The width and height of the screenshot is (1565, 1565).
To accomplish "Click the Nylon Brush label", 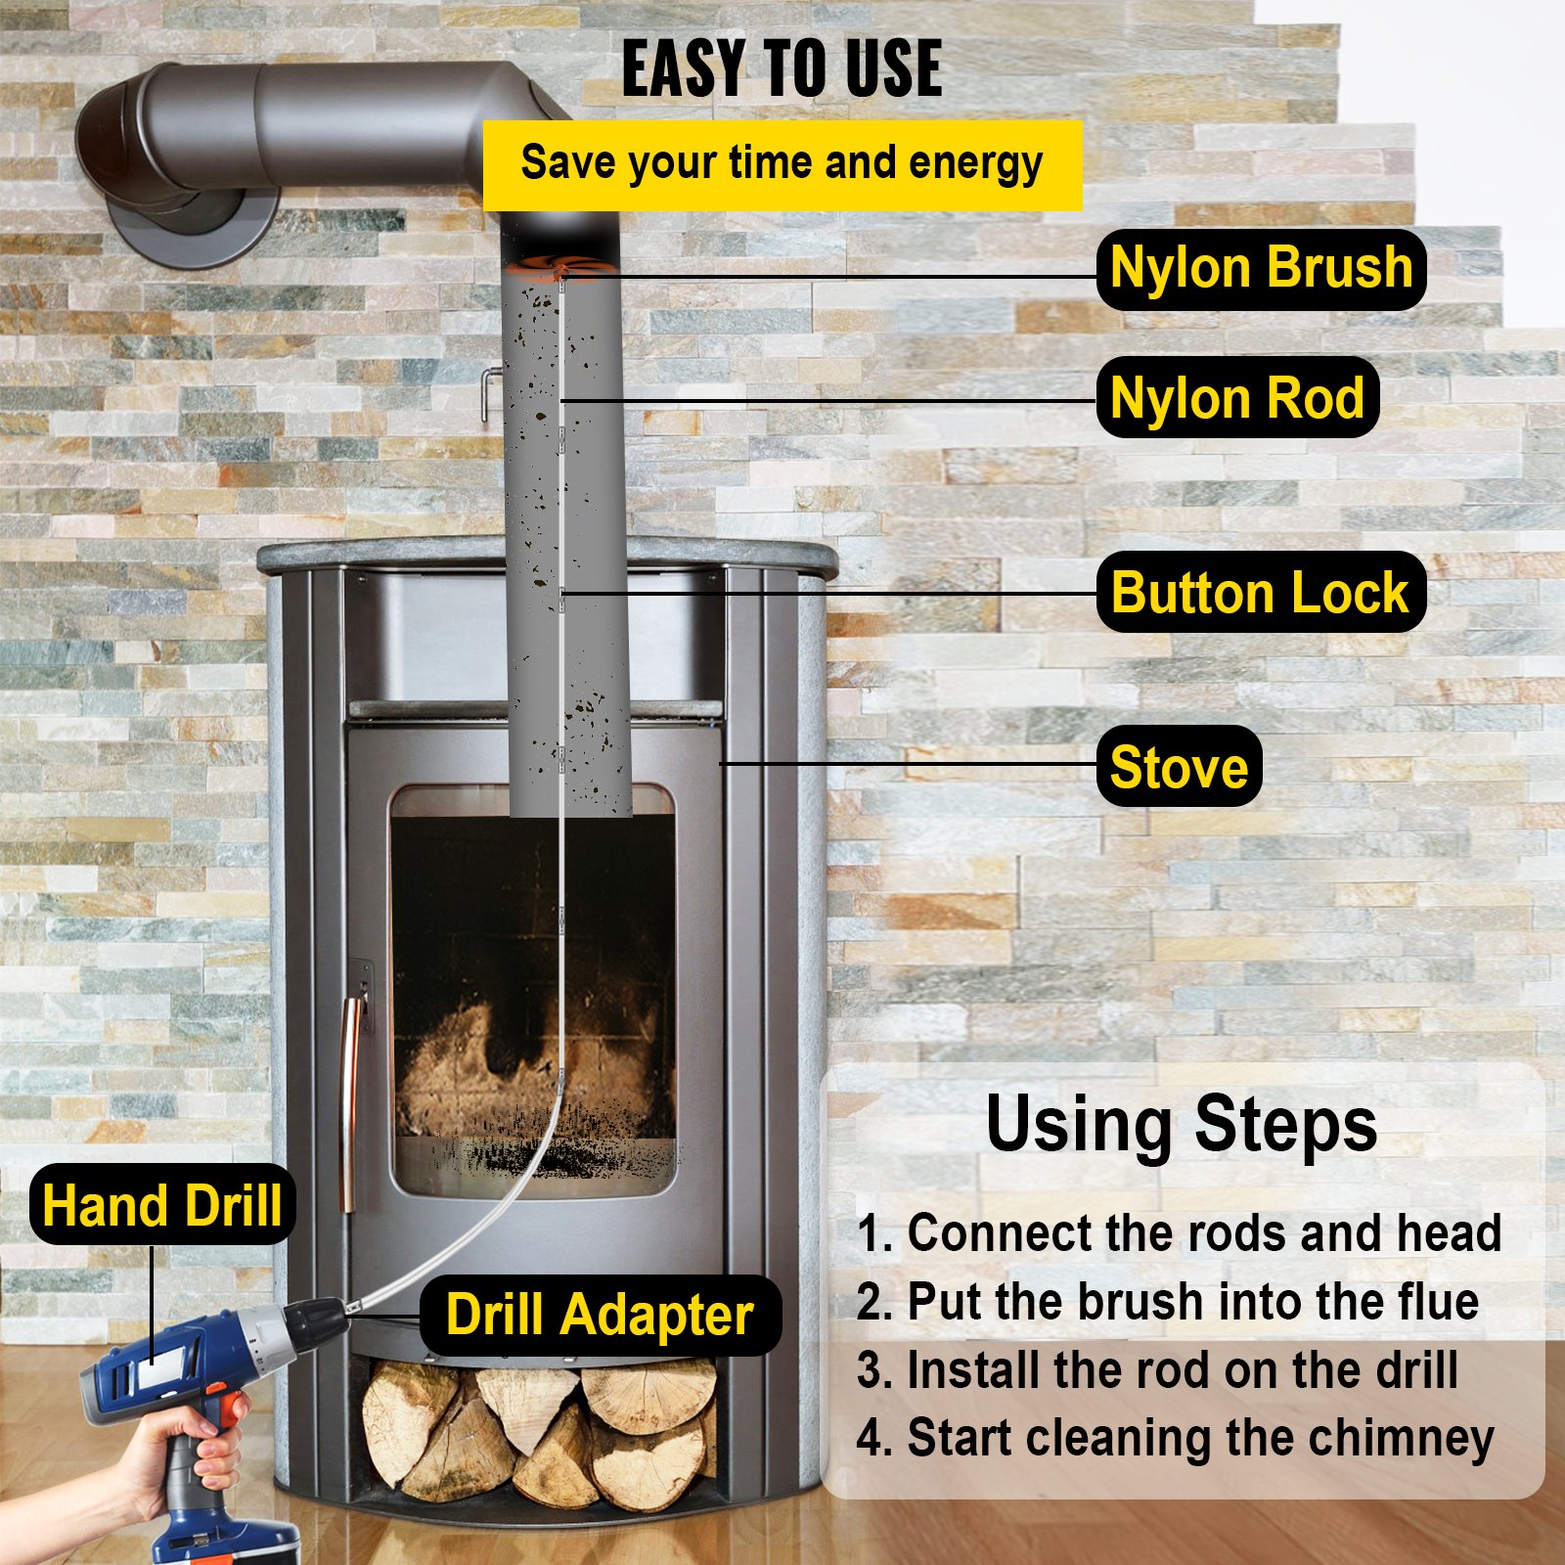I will [x=1261, y=269].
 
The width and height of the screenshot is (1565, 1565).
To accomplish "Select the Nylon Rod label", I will [x=1237, y=398].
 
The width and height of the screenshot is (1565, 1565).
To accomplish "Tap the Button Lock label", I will [x=1260, y=592].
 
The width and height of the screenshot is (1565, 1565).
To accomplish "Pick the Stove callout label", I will [x=1179, y=766].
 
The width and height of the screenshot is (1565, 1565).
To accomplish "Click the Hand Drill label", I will [x=162, y=1204].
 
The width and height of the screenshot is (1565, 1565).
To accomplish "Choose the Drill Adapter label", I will [x=600, y=1315].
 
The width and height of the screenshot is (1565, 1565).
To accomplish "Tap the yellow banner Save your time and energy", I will [x=782, y=164].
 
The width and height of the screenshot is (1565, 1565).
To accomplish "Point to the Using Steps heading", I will [x=1181, y=1124].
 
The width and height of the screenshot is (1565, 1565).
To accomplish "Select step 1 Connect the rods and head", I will [x=1179, y=1232].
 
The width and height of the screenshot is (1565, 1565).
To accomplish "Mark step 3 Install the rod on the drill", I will [x=1157, y=1369].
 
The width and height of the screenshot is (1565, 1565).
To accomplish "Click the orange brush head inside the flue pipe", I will [x=561, y=268].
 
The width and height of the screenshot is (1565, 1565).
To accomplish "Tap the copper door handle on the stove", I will [x=348, y=1086].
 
